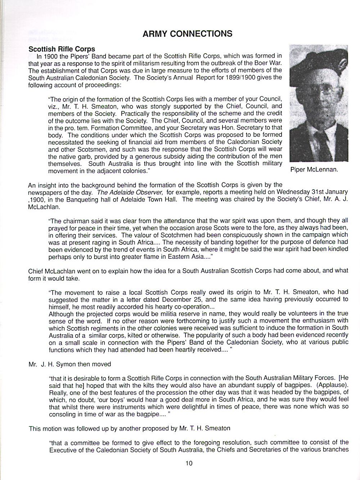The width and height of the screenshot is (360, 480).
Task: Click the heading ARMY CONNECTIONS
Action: (187, 34)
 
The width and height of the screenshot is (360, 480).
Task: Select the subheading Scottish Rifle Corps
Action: (62, 49)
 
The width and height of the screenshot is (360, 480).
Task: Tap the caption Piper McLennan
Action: (314, 170)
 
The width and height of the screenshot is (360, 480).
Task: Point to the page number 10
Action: (189, 463)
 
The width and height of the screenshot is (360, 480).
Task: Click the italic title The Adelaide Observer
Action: (130, 192)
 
